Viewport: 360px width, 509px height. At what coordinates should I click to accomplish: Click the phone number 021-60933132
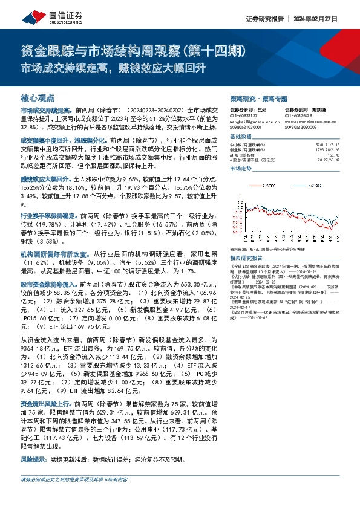pyautogui.click(x=243, y=116)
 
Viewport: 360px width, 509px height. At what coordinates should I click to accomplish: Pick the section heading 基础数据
pyautogui.click(x=242, y=138)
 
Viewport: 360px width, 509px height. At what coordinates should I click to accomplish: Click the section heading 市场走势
pyautogui.click(x=242, y=169)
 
